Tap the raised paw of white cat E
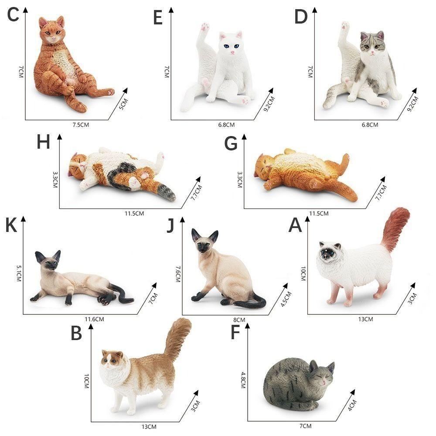[202, 29]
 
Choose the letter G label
[231, 143]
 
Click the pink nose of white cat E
[232, 52]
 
